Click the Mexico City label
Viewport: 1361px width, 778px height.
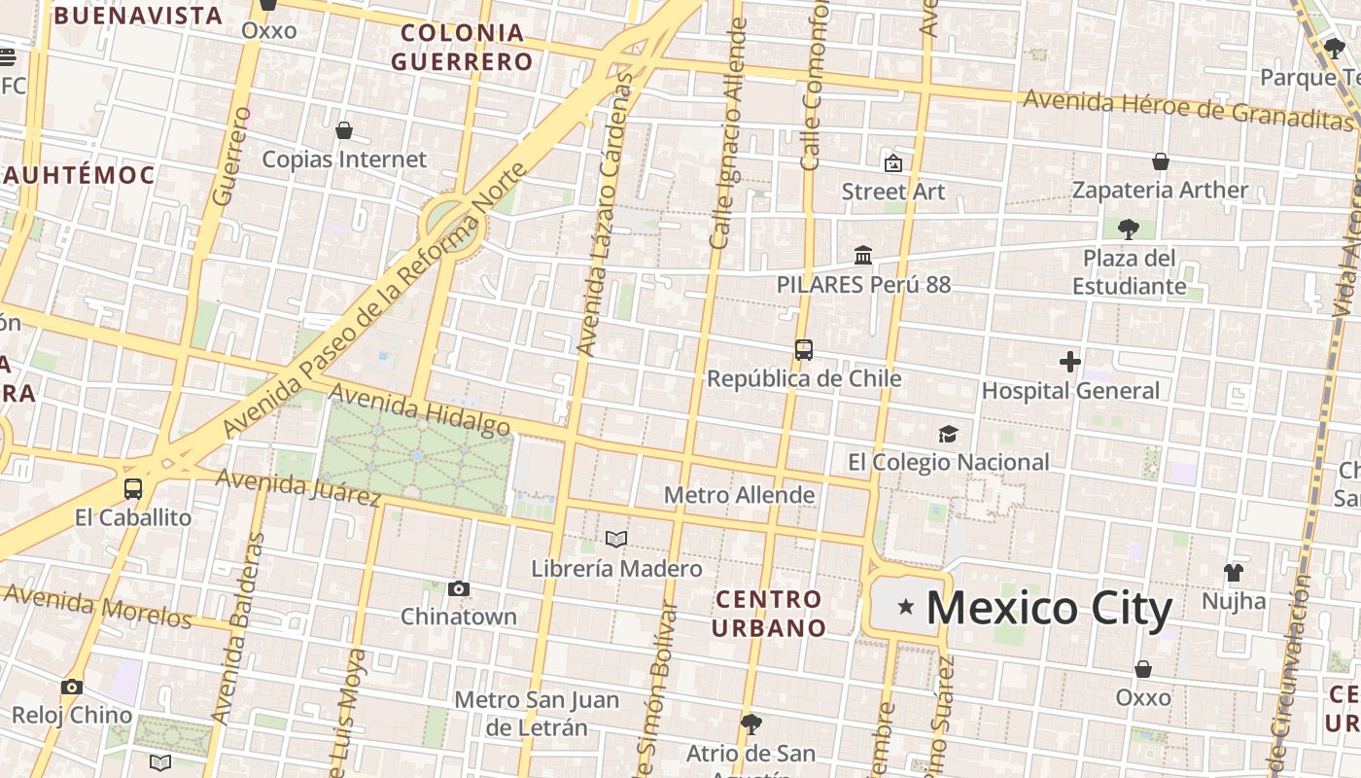1049,608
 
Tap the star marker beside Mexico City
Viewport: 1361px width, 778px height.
906,607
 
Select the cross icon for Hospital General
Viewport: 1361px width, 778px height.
1070,363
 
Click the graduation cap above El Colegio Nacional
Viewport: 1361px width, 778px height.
948,434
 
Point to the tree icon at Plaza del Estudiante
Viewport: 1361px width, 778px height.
1129,230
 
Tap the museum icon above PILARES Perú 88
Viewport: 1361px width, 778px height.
862,256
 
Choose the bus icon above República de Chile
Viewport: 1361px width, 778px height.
804,350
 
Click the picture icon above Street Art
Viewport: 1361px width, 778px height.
892,162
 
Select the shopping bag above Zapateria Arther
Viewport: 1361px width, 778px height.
1160,161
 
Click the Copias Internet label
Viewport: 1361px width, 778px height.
344,159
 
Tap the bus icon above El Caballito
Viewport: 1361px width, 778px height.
133,488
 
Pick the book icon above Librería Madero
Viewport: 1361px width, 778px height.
616,539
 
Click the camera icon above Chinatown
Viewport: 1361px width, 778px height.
459,588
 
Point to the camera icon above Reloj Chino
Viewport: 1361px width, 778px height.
71,687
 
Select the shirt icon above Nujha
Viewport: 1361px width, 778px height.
1234,572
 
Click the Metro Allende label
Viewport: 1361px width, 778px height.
739,495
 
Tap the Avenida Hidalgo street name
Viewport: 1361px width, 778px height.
419,409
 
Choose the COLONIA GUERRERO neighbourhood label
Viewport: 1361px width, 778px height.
463,47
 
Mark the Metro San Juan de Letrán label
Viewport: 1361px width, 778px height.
536,713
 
